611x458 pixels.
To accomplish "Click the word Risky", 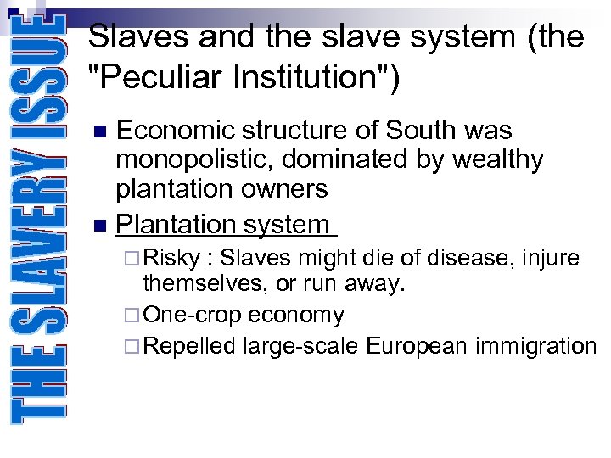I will tap(172, 258).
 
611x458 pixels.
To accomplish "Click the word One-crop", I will tap(193, 316).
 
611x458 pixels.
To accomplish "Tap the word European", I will tap(418, 346).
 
